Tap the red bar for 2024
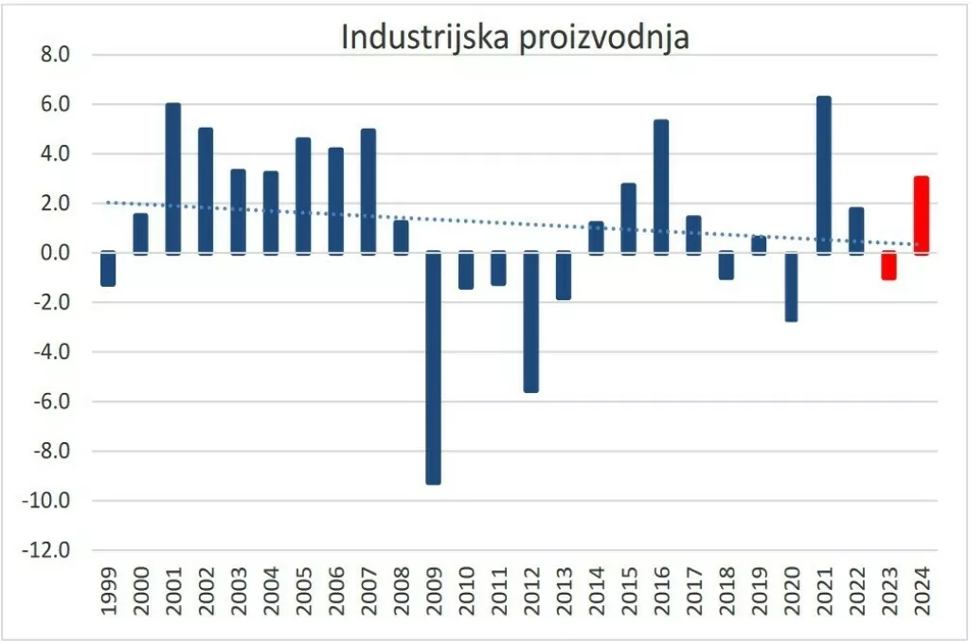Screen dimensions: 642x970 pyautogui.click(x=921, y=215)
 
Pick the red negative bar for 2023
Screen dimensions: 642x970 pyautogui.click(x=889, y=265)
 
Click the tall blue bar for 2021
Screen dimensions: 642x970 pyautogui.click(x=823, y=175)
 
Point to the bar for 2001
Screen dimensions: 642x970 pyautogui.click(x=173, y=178)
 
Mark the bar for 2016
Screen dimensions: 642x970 pyautogui.click(x=661, y=187)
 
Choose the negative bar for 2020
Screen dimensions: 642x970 pyautogui.click(x=791, y=287)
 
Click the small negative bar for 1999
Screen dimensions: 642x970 pyautogui.click(x=108, y=269)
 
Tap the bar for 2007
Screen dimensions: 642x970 pyautogui.click(x=368, y=191)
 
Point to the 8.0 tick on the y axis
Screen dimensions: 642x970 pyautogui.click(x=56, y=55)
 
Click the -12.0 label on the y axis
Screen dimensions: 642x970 pyautogui.click(x=50, y=550)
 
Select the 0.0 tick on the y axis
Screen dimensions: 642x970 pyautogui.click(x=56, y=253)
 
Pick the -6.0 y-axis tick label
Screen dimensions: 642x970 pyautogui.click(x=53, y=401)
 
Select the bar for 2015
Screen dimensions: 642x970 pyautogui.click(x=628, y=219)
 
